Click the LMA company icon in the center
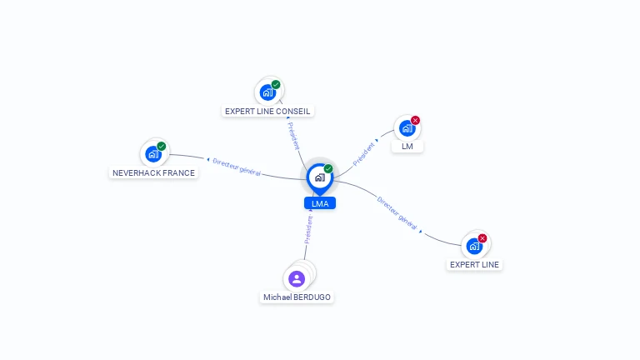coord(319,177)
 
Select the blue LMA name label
coord(320,203)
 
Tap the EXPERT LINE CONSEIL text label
coord(267,111)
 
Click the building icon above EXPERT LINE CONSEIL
coord(267,92)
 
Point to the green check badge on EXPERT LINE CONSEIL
coord(276,84)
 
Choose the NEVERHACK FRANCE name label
coord(153,173)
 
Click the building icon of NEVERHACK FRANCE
coord(152,154)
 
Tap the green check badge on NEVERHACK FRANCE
coord(162,147)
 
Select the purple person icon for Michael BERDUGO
coord(297,278)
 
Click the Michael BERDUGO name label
coord(297,297)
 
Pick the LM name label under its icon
coord(407,147)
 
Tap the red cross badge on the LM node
coord(415,120)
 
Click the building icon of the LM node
coord(407,128)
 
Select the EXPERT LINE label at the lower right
coord(474,265)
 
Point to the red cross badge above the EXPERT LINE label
coord(482,238)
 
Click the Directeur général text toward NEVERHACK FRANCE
coord(237,167)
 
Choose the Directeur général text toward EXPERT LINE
coord(397,212)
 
